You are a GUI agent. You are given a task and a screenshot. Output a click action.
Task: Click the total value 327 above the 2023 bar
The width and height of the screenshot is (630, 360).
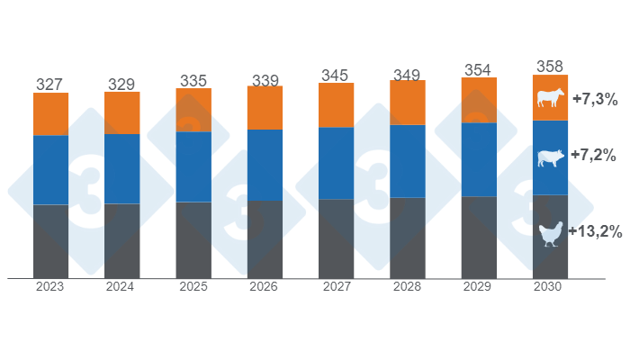click(x=50, y=85)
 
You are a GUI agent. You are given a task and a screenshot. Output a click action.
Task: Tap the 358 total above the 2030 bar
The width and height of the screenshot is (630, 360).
click(x=550, y=67)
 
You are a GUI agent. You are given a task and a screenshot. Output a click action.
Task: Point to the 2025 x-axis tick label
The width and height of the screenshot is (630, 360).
click(x=193, y=287)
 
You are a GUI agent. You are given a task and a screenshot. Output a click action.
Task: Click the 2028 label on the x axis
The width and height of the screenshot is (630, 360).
click(x=408, y=287)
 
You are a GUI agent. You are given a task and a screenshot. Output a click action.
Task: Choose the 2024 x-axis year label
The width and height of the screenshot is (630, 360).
click(x=121, y=287)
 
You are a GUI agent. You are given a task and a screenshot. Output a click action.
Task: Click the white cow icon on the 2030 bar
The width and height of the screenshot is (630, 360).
click(x=549, y=98)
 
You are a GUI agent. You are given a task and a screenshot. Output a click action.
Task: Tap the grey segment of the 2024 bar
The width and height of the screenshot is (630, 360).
click(x=121, y=240)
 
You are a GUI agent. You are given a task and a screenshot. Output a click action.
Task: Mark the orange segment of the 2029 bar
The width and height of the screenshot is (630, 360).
click(x=479, y=100)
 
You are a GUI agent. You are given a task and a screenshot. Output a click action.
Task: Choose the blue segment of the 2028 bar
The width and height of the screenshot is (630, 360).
click(x=408, y=161)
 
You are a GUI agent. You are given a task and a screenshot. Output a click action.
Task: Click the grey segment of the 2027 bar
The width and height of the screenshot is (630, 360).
click(x=336, y=238)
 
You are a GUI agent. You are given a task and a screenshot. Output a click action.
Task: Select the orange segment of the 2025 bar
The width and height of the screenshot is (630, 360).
click(x=193, y=110)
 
